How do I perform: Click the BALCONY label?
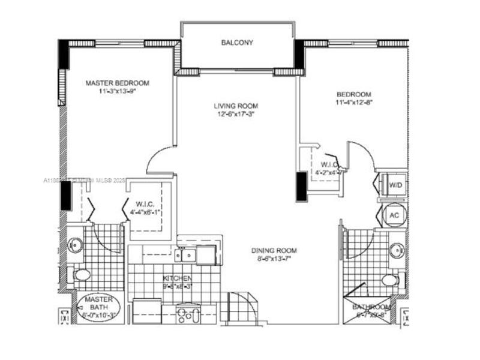click(237, 43)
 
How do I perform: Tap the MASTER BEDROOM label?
click(117, 83)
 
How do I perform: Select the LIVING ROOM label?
click(236, 106)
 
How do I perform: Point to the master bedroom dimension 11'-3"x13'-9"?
click(117, 92)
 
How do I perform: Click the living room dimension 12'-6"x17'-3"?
click(236, 115)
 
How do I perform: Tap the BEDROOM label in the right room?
click(353, 94)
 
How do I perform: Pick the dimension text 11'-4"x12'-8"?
click(353, 103)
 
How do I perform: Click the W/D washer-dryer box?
click(395, 185)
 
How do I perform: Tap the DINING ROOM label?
click(274, 251)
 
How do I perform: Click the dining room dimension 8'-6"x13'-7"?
click(274, 259)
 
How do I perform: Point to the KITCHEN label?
click(178, 278)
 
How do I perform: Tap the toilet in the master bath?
click(82, 275)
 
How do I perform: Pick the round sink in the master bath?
click(76, 245)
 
